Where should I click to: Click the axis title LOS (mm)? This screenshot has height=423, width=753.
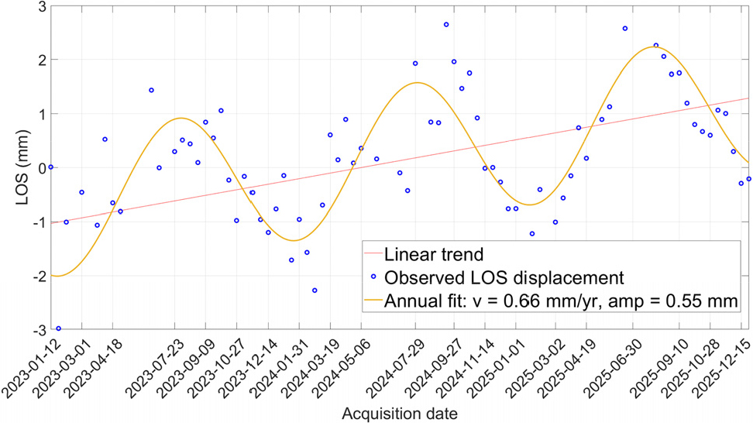pos(22,168)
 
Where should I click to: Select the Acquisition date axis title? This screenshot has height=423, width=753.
pos(400,414)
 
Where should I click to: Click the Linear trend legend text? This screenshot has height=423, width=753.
pos(434,254)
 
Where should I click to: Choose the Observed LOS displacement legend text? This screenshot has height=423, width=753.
pos(504,278)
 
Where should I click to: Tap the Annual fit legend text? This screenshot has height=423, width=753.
pos(560,301)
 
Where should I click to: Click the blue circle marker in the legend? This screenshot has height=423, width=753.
pos(373,277)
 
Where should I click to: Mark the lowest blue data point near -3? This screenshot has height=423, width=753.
pos(59,329)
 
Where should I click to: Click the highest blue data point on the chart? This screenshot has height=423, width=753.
pos(446,25)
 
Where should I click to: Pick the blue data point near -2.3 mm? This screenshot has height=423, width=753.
pos(315,291)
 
